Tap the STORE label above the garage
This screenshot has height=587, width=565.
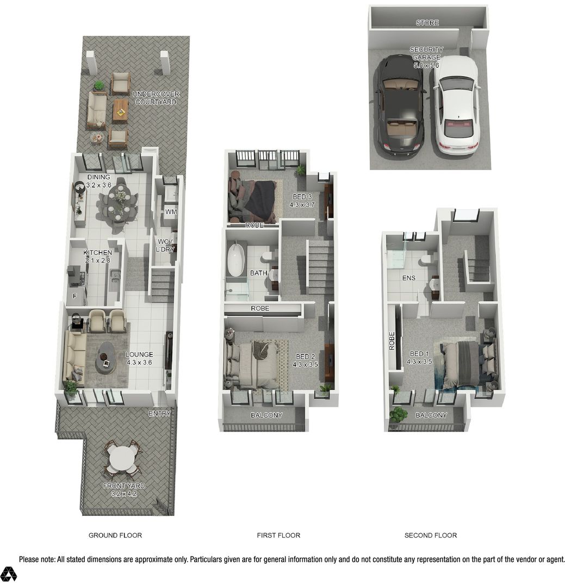pyautogui.click(x=427, y=23)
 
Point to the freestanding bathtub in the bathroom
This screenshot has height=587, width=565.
pyautogui.click(x=236, y=260)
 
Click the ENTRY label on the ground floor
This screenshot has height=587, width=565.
pyautogui.click(x=160, y=413)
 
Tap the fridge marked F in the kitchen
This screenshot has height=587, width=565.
pyautogui.click(x=74, y=295)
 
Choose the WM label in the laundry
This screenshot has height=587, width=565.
pyautogui.click(x=171, y=212)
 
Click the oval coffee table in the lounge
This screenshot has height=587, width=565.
pyautogui.click(x=105, y=357)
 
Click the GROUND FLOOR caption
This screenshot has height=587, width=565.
pyautogui.click(x=115, y=535)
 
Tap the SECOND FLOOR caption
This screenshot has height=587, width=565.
pyautogui.click(x=431, y=535)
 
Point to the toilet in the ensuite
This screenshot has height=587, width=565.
pyautogui.click(x=426, y=260)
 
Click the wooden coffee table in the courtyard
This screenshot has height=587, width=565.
pyautogui.click(x=120, y=111)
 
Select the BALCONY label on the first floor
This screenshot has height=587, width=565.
pyautogui.click(x=266, y=415)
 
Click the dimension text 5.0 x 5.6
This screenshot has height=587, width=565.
pyautogui.click(x=426, y=65)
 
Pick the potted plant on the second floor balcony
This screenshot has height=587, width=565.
pyautogui.click(x=398, y=415)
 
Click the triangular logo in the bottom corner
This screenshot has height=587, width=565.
pyautogui.click(x=8, y=574)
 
